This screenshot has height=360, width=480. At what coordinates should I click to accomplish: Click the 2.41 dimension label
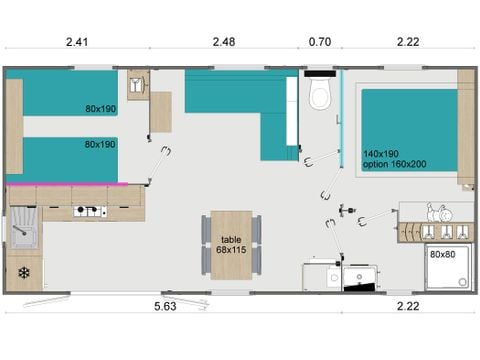click(76, 42)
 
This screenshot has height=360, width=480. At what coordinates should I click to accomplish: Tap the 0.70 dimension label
click(321, 42)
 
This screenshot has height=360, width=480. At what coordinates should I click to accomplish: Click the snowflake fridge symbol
click(22, 272)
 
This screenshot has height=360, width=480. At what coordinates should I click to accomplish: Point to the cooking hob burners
click(90, 211)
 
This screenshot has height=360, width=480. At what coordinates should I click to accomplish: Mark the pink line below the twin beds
click(65, 184)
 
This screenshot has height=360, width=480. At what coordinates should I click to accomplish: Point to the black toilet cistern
click(320, 75)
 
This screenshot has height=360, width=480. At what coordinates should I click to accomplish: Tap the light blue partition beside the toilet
click(341, 115)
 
